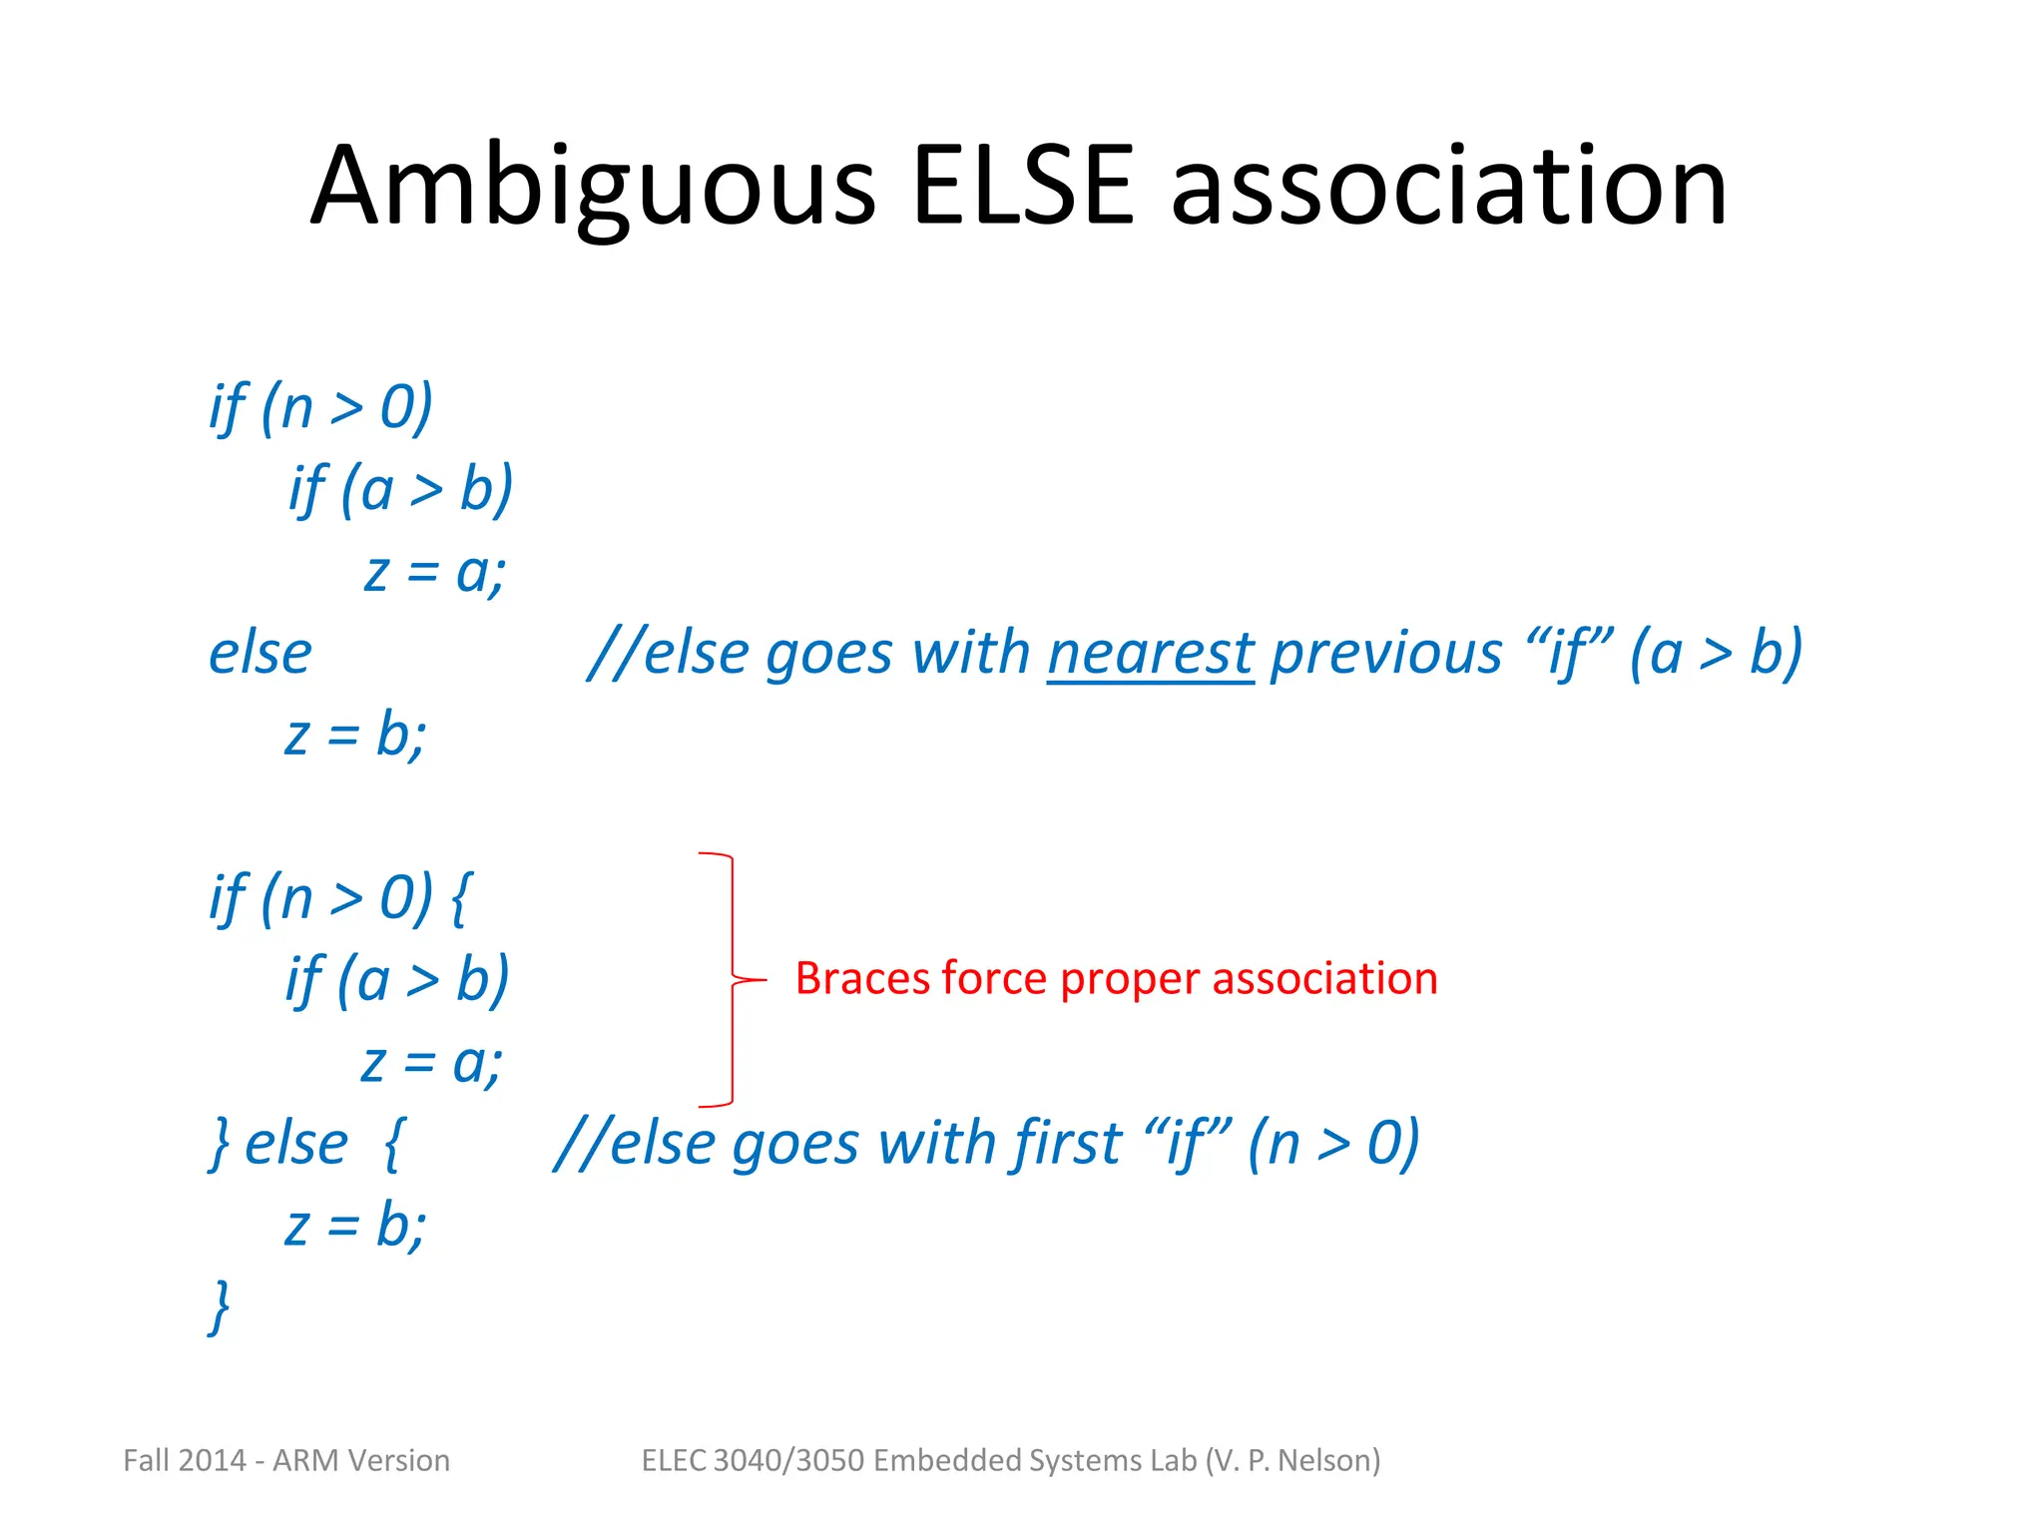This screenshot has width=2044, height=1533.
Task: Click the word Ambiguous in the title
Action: pyautogui.click(x=593, y=188)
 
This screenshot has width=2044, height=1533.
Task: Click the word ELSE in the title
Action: pyautogui.click(x=1022, y=186)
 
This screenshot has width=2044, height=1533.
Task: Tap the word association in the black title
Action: pyautogui.click(x=1448, y=186)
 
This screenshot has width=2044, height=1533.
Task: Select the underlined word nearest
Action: pyautogui.click(x=1150, y=654)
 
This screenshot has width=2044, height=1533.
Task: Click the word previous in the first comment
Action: pyautogui.click(x=1385, y=654)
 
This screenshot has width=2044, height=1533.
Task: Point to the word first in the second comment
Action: pyautogui.click(x=1067, y=1143)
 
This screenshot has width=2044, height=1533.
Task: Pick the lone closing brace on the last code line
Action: pyautogui.click(x=220, y=1306)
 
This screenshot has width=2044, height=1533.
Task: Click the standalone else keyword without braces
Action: pyautogui.click(x=259, y=654)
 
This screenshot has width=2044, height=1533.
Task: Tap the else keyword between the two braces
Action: pyautogui.click(x=296, y=1144)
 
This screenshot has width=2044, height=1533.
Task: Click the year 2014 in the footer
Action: pyautogui.click(x=213, y=1460)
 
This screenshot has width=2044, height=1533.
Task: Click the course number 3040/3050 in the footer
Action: pyautogui.click(x=789, y=1460)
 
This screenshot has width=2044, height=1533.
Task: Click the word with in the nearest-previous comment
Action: pyautogui.click(x=970, y=654)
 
